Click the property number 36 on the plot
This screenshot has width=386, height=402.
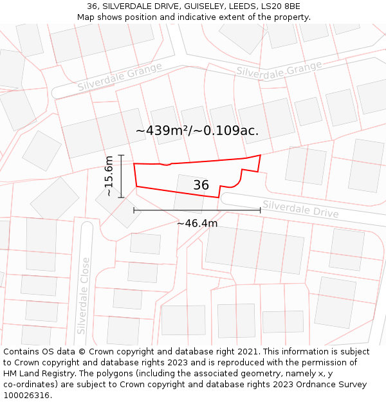pos(201,185)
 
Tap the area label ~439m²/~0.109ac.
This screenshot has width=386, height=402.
pos(197,131)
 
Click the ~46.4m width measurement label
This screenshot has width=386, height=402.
pos(197,223)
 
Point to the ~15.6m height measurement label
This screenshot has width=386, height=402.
pos(109,176)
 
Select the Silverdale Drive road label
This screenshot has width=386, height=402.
pos(301,208)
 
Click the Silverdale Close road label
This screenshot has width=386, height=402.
pos(82,296)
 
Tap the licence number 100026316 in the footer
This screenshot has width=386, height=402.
pos(28,396)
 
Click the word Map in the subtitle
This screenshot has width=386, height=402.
pos(87,17)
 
